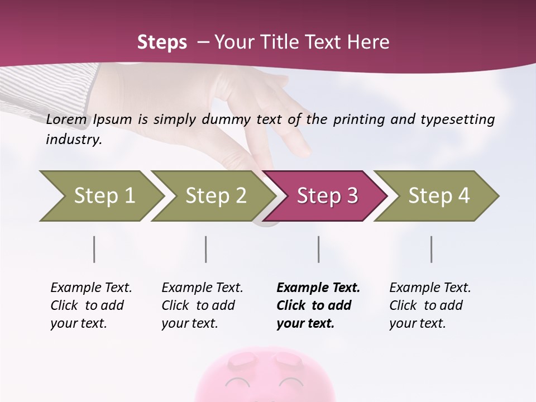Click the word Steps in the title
162,42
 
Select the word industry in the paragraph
73,140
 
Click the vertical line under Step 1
94,249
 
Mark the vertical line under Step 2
206,249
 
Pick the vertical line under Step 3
319,249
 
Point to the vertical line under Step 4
432,249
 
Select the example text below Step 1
91,305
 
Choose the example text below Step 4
430,305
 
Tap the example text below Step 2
202,305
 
